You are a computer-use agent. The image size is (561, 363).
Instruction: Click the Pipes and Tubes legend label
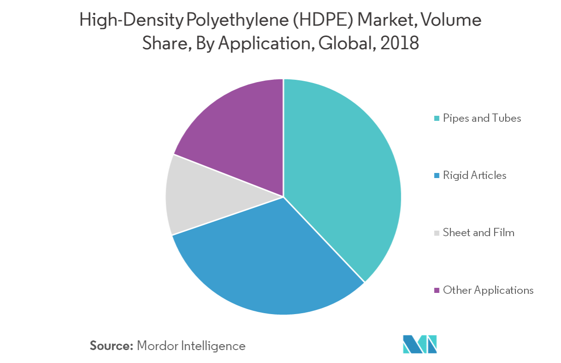[482, 118]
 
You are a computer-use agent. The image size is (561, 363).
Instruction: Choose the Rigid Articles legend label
[474, 175]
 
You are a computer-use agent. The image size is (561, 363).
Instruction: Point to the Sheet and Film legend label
[478, 232]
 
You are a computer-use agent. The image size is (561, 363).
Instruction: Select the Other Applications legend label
[488, 290]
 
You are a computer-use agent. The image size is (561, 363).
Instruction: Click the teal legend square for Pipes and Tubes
[436, 119]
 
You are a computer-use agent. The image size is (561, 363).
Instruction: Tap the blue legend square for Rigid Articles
[436, 176]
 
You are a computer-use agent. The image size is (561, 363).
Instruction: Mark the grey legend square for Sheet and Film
[436, 233]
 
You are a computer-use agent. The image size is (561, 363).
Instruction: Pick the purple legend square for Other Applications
[436, 291]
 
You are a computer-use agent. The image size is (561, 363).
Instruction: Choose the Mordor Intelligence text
[191, 345]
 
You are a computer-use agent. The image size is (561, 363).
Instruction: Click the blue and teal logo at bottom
[420, 344]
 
